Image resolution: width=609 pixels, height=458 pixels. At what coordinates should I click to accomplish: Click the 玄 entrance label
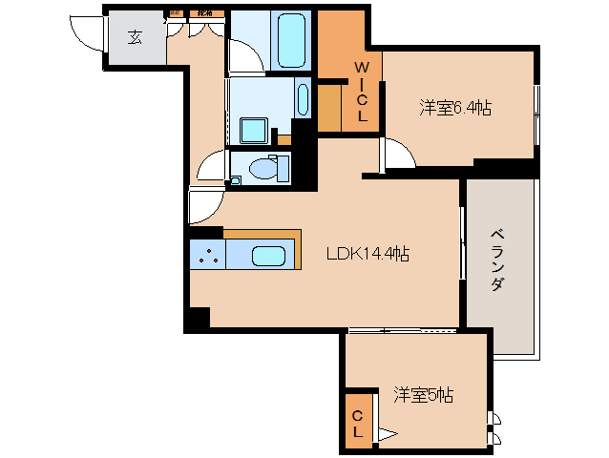click(135, 38)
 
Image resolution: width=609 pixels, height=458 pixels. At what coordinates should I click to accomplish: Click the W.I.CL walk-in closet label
click(362, 91)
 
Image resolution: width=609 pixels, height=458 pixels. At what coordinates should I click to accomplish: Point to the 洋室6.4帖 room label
click(455, 108)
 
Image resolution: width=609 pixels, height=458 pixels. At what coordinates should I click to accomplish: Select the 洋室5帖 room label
click(423, 394)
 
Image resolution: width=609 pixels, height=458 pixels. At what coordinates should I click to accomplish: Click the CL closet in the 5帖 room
click(358, 424)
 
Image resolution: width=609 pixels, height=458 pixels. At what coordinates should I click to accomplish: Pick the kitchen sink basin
click(268, 256)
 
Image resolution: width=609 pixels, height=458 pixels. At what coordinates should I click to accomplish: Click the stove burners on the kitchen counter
click(208, 255)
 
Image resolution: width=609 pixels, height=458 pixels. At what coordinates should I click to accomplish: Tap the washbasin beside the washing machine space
click(303, 99)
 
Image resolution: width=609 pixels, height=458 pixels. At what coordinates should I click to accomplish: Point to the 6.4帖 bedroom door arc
click(396, 153)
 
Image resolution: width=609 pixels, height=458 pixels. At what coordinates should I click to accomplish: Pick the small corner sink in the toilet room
click(235, 179)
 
